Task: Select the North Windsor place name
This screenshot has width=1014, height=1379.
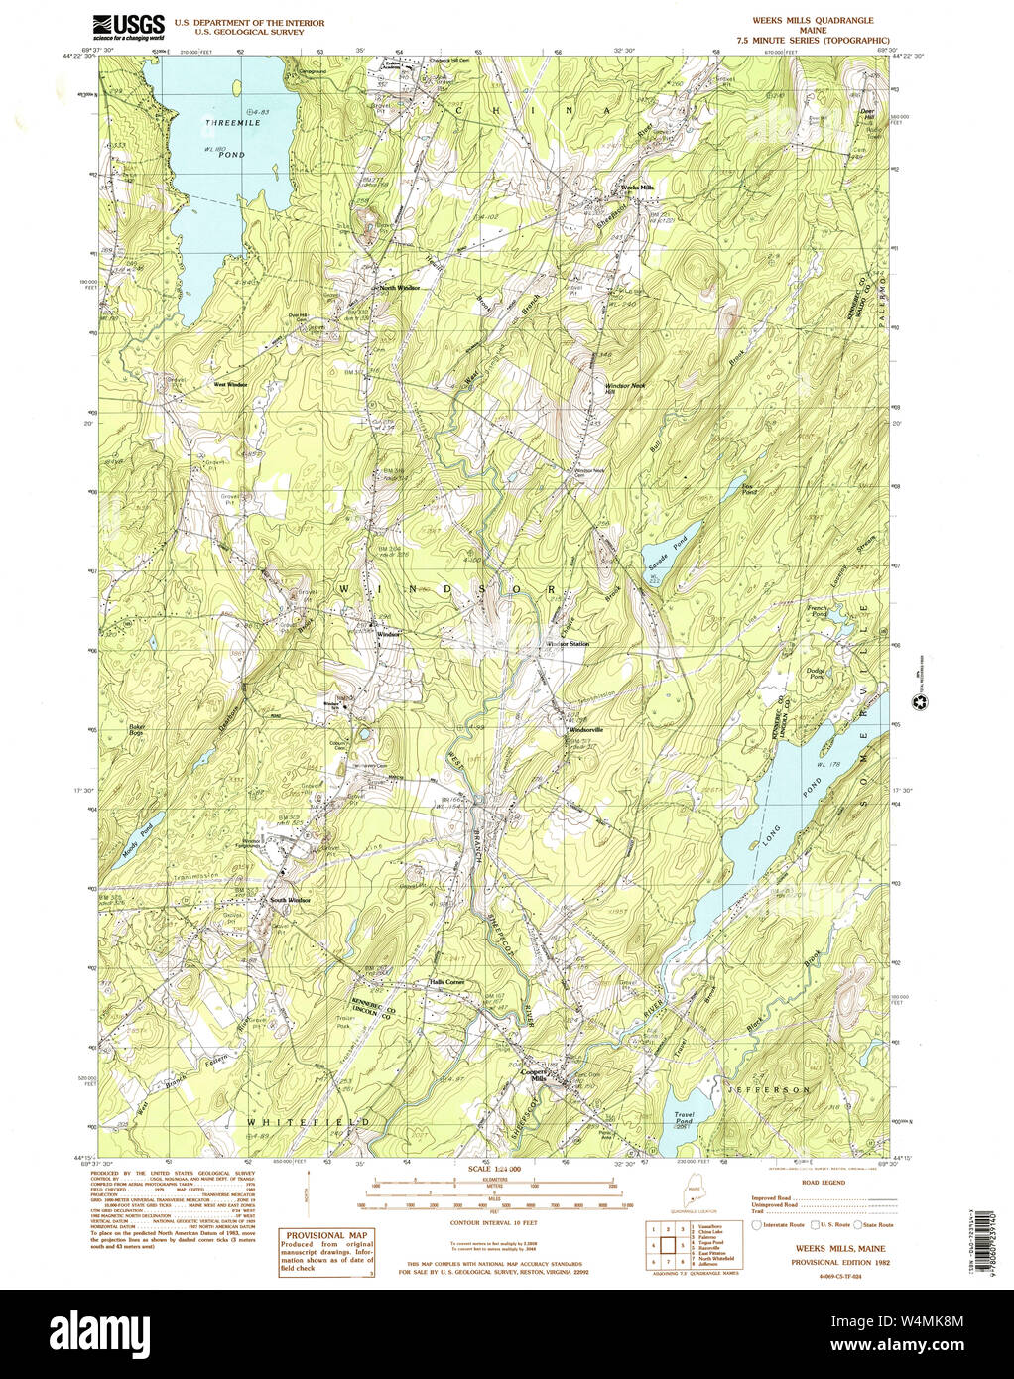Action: click(398, 289)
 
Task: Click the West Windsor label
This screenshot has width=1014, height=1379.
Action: click(230, 384)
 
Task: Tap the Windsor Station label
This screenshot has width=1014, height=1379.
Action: click(568, 644)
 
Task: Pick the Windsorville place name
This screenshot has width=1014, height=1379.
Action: click(585, 730)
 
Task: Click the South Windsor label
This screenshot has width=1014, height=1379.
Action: click(290, 900)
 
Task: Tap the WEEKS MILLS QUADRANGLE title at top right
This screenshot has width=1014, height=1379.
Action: click(813, 20)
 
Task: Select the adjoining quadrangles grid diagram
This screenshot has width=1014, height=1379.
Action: click(669, 1248)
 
